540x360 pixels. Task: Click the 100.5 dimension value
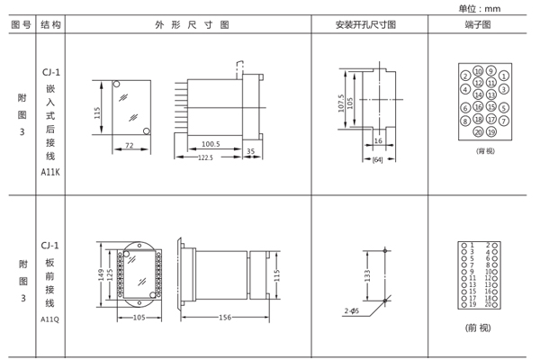211,143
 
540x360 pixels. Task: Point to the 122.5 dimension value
205,158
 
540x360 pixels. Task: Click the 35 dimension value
250,151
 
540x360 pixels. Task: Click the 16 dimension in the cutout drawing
378,141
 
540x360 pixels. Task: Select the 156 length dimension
224,318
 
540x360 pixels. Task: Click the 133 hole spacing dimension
367,274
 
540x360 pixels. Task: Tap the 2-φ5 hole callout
351,310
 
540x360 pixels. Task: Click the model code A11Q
50,319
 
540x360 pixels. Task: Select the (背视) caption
485,151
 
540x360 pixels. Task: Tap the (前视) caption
478,327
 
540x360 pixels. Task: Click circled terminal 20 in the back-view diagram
478,131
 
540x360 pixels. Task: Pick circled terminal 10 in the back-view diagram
478,70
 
